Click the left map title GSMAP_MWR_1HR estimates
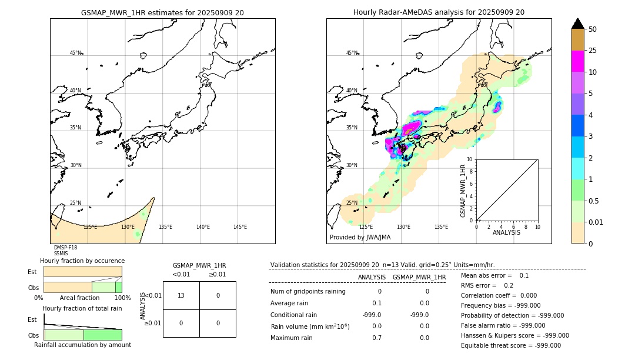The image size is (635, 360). point(162,12)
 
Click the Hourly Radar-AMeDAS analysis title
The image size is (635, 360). point(439,12)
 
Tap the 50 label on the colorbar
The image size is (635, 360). point(593,29)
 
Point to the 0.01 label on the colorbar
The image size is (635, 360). point(595,222)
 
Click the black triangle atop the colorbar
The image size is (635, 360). point(577,24)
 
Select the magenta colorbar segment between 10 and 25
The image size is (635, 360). point(577,61)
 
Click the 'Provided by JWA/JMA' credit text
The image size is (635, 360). point(360,238)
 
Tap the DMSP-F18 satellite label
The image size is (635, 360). point(65,248)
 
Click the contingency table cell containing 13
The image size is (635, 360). point(181,295)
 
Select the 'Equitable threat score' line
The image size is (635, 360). point(511,346)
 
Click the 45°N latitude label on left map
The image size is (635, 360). point(75,53)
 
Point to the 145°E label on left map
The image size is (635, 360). point(240,227)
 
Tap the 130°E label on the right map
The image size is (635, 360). point(403,227)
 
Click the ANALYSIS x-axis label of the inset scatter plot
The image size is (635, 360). point(506,232)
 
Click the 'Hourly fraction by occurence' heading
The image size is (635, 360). point(82,261)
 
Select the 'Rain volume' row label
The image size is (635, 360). point(310,326)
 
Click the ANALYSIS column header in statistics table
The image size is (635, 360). point(372,277)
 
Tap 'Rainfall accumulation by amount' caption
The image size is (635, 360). point(82,345)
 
